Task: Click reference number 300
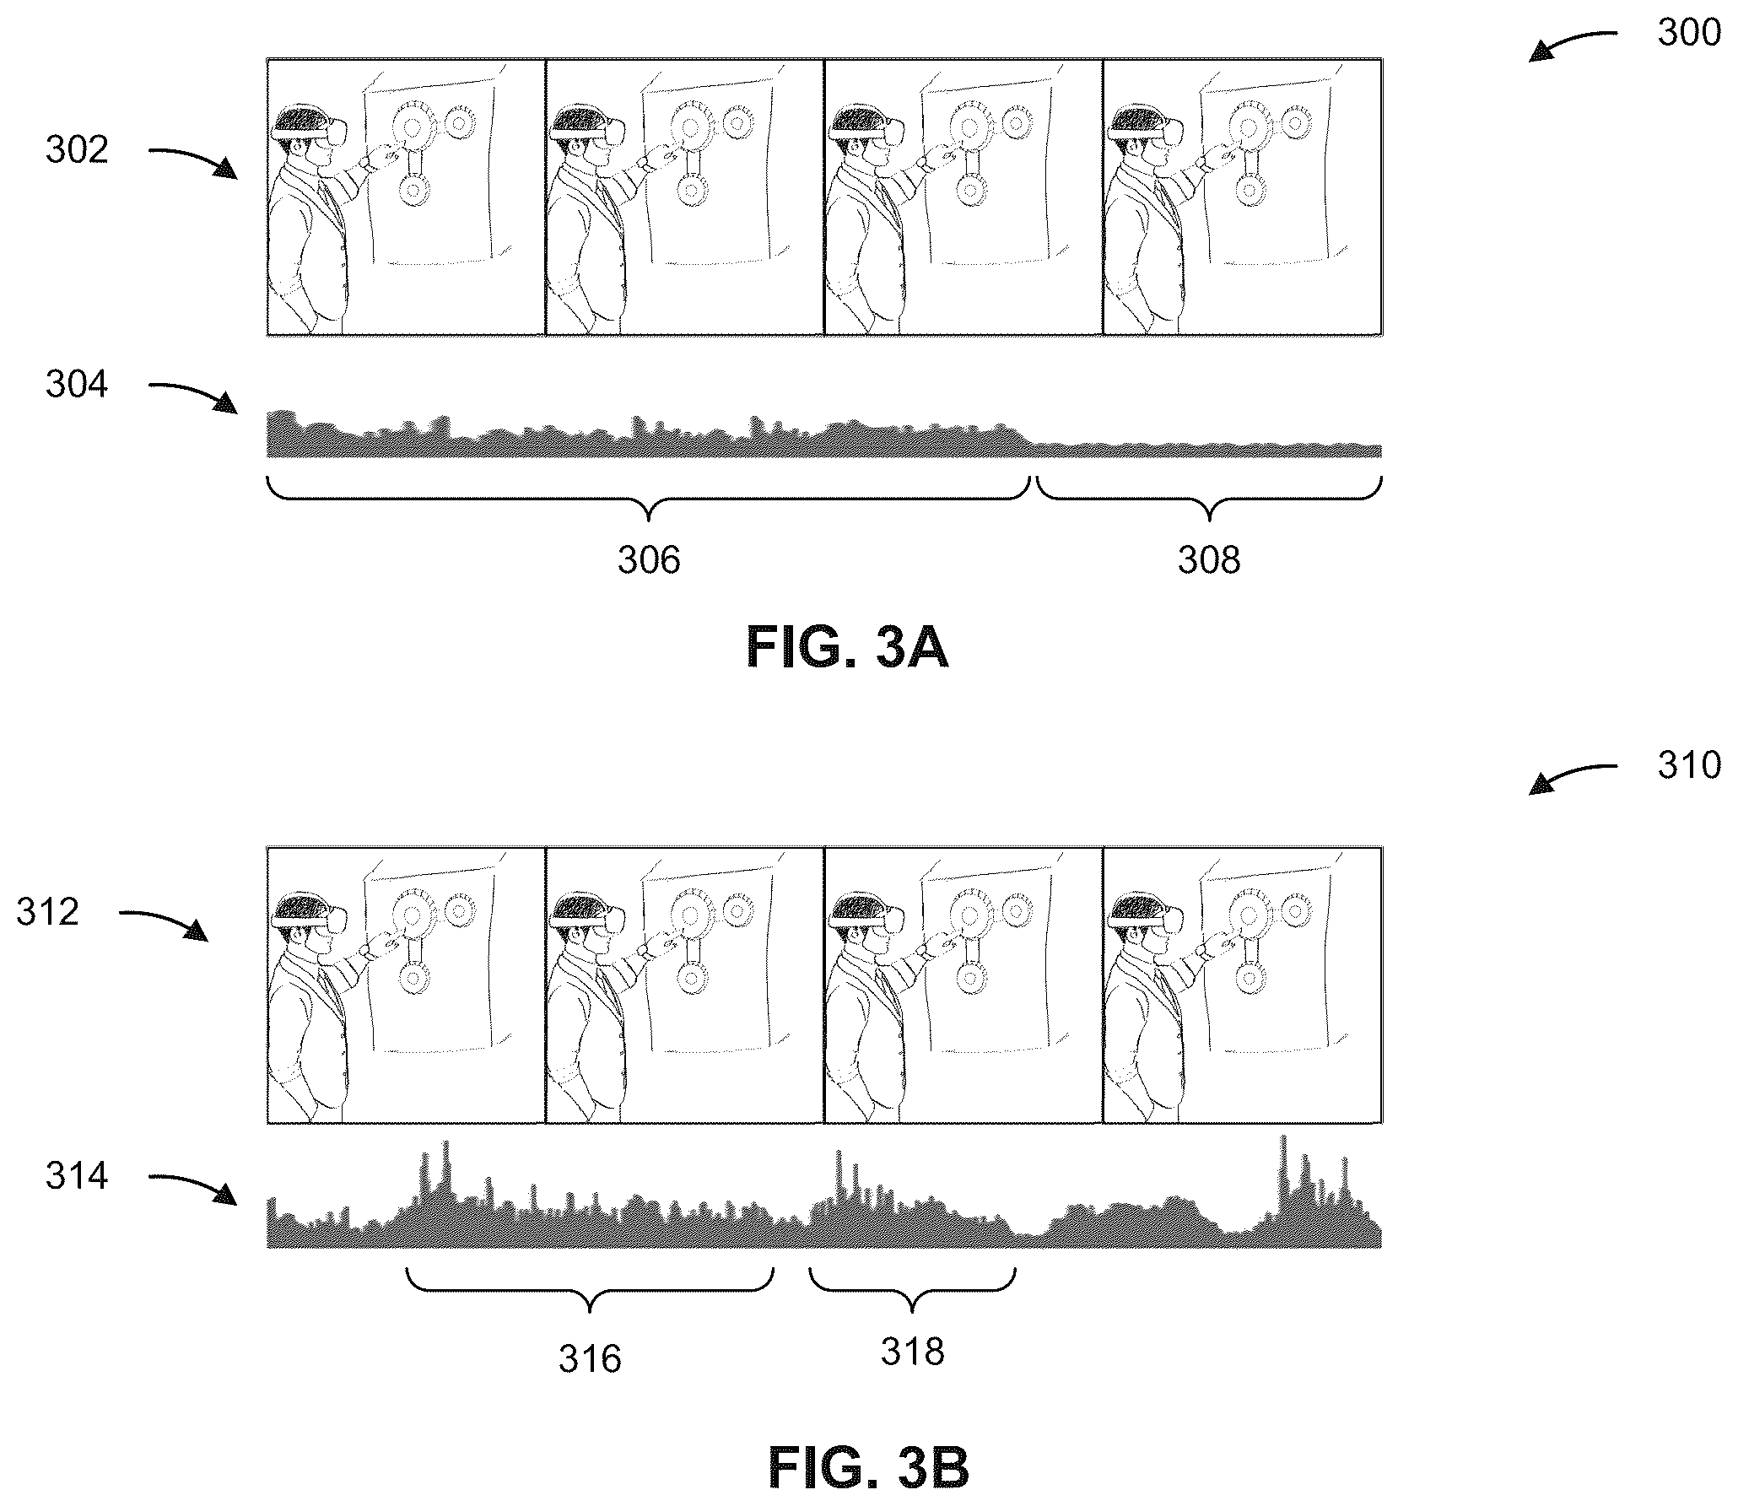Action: click(x=1688, y=33)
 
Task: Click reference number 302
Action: click(x=77, y=149)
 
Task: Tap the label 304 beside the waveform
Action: click(x=77, y=385)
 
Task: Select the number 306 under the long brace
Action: click(x=648, y=560)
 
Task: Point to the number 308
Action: click(x=1209, y=560)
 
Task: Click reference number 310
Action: click(x=1688, y=765)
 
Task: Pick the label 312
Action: click(x=47, y=912)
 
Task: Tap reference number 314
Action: click(x=77, y=1176)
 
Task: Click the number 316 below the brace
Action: click(x=590, y=1359)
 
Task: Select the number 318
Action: click(x=912, y=1352)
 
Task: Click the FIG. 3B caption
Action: click(x=868, y=1469)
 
